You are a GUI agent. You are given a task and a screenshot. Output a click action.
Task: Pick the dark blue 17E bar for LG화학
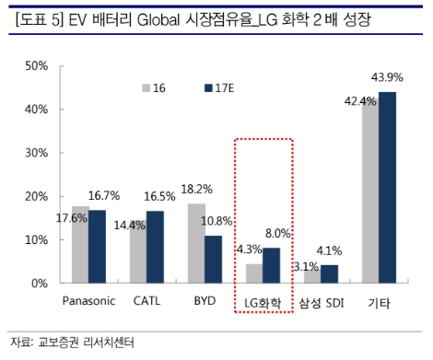tap(271, 265)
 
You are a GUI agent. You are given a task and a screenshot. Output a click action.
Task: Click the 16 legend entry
tap(154, 87)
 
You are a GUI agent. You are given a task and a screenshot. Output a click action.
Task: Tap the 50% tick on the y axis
tap(36, 66)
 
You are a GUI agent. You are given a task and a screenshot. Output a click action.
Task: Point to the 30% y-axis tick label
tap(36, 153)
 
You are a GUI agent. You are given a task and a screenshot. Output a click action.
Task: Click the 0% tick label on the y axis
tap(40, 284)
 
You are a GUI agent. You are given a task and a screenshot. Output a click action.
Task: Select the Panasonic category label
tap(88, 301)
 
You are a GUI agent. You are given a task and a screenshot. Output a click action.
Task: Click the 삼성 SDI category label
tap(320, 301)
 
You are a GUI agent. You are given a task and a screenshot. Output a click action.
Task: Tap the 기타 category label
tap(378, 301)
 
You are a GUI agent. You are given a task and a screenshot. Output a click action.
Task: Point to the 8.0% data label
tap(277, 234)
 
